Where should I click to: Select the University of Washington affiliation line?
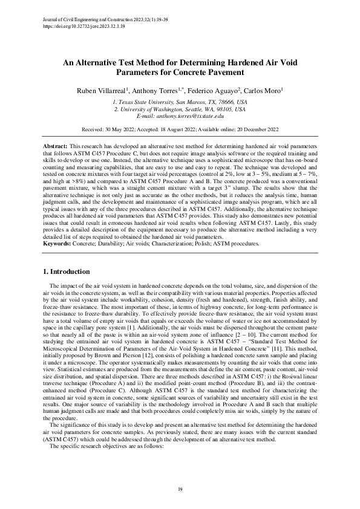pyautogui.click(x=180, y=109)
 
